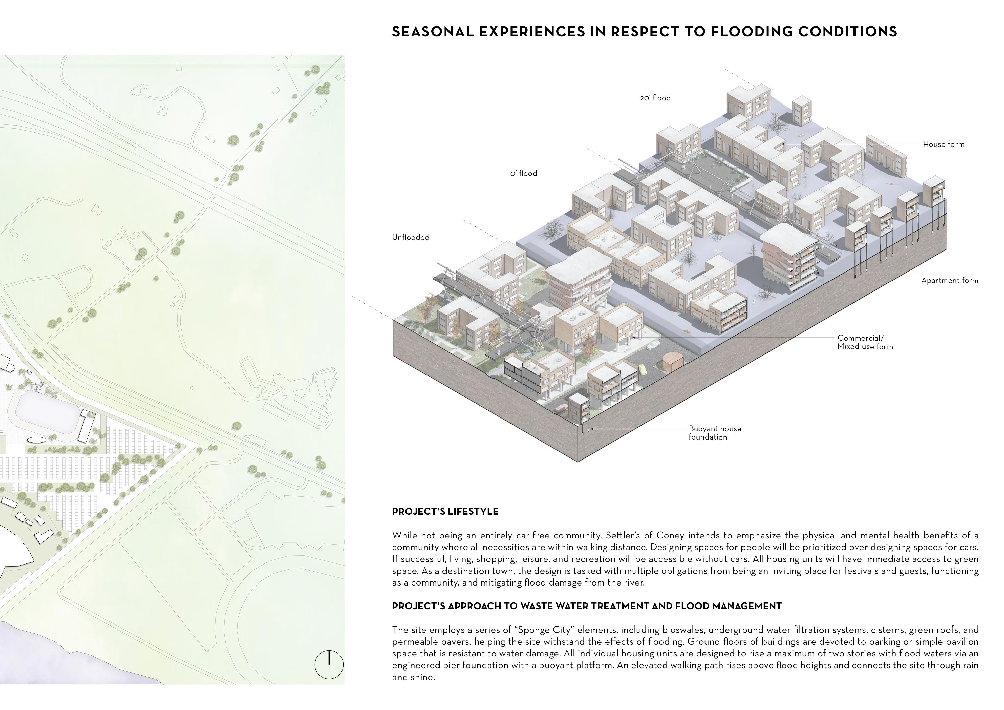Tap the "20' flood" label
click(655, 98)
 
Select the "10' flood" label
click(522, 173)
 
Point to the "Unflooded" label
click(411, 237)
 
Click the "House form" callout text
click(943, 144)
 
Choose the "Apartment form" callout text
click(949, 280)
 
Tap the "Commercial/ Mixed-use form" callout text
click(865, 342)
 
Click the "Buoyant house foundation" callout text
click(715, 433)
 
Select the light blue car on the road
click(652, 345)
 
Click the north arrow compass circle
click(329, 664)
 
